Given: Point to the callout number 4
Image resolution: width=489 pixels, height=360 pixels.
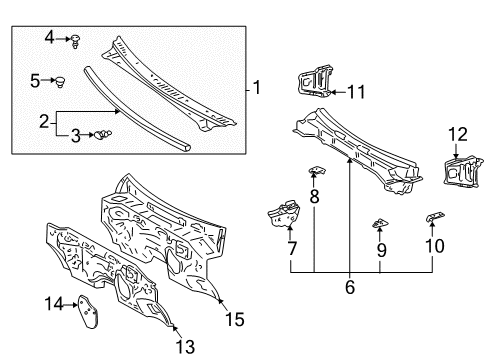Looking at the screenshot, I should coord(48,39).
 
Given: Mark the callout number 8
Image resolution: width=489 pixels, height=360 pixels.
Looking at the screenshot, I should coord(314,197).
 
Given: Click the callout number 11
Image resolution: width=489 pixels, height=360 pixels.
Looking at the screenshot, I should coord(356,94).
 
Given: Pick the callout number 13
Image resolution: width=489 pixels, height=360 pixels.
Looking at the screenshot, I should coord(180,345).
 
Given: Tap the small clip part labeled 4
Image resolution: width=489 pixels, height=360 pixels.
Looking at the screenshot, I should coord(76,40).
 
